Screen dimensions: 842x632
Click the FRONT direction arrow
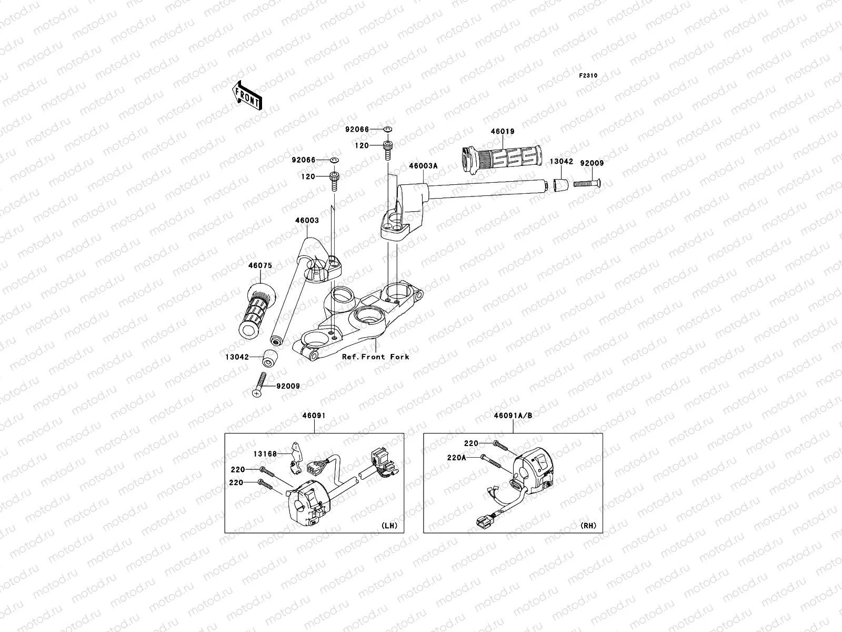tap(247, 95)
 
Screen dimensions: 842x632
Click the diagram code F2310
tap(588, 76)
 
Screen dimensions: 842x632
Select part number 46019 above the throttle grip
tap(503, 132)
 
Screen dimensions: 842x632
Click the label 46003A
tap(423, 166)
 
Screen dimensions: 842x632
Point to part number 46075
tap(260, 265)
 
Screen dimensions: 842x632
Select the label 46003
tap(307, 220)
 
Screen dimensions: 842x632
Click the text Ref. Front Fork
tap(376, 357)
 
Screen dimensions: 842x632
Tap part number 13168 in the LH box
tap(265, 454)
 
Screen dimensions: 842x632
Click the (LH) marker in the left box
tap(389, 526)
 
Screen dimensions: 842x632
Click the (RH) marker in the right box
tap(588, 526)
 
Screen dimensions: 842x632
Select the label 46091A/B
tap(513, 416)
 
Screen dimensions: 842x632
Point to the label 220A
tap(456, 458)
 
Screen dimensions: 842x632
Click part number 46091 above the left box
tap(314, 416)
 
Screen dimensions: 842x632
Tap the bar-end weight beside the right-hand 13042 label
tap(560, 184)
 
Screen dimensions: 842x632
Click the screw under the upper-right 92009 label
tap(587, 184)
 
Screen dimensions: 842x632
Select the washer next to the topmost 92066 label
tap(388, 130)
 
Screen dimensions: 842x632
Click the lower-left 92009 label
tap(288, 387)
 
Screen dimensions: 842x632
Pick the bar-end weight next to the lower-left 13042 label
tap(269, 359)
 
